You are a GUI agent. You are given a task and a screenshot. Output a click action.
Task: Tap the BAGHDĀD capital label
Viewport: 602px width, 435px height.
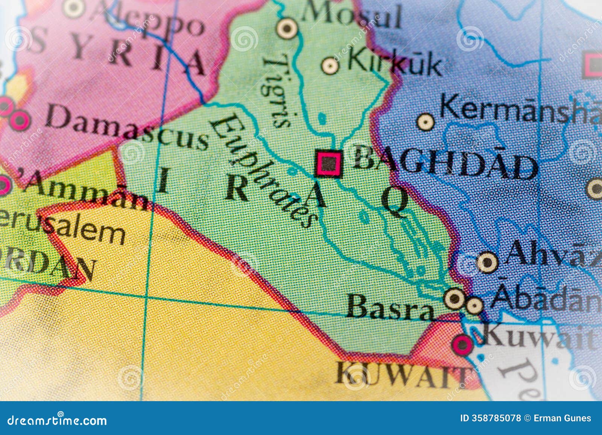[444, 164]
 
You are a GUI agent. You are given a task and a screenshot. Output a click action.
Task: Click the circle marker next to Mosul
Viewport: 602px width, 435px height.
[287, 28]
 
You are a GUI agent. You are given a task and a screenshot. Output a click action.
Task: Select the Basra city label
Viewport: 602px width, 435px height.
[389, 307]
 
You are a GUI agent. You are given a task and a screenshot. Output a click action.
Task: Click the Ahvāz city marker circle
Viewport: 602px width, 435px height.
[487, 262]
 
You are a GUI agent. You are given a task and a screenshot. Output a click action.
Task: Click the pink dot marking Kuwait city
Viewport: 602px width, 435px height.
[462, 344]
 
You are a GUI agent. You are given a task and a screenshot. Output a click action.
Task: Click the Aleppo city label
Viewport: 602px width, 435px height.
[147, 19]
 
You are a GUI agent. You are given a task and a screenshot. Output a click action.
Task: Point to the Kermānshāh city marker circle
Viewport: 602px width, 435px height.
[426, 122]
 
